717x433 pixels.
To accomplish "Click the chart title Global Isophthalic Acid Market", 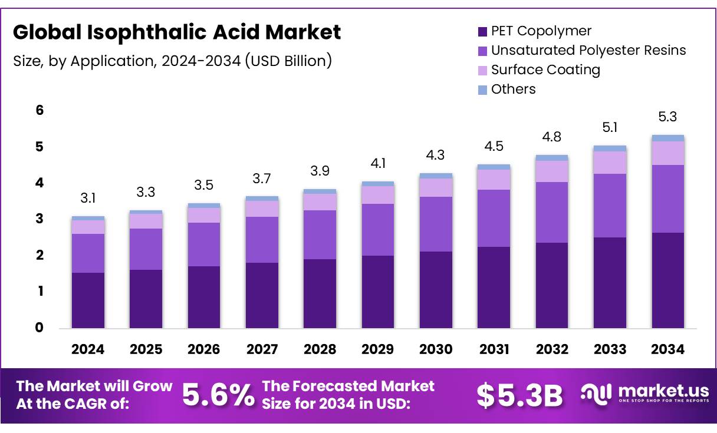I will [177, 33].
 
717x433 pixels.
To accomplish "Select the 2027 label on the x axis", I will [262, 349].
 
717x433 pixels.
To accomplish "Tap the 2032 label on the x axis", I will [552, 349].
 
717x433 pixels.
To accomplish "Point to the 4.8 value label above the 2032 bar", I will [552, 137].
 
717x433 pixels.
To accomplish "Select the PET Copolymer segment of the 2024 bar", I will [88, 300].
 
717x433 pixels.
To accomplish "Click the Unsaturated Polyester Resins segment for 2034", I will [668, 199].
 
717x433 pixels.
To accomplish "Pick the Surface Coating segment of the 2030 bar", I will [436, 187].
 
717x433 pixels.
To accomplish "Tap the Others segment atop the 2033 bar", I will [610, 148].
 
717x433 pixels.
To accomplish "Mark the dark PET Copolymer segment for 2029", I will [378, 292].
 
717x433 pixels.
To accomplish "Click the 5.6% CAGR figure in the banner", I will [218, 395].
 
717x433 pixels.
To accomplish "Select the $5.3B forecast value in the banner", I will [519, 395].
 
